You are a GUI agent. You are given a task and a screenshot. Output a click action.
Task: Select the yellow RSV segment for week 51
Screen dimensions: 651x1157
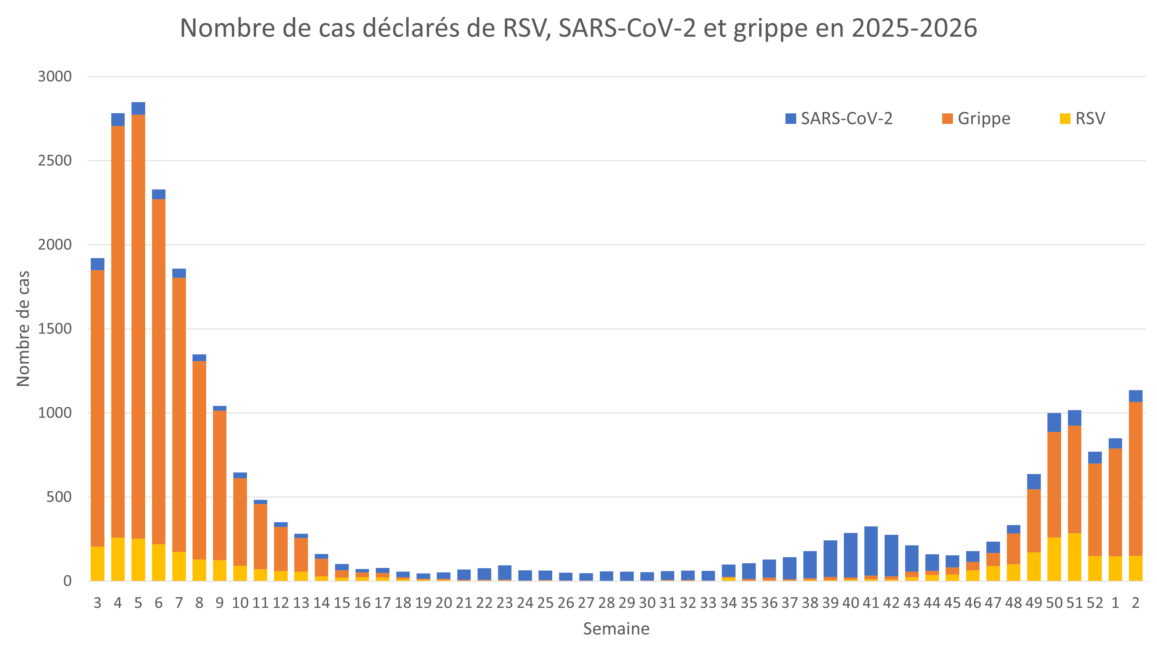[x=1074, y=557]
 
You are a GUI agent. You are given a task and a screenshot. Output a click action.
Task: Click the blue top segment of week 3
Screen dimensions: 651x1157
[x=98, y=264]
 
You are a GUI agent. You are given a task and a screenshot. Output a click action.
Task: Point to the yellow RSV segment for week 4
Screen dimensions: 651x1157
[x=118, y=559]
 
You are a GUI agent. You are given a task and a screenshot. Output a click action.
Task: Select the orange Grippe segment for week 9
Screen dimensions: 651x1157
[x=220, y=485]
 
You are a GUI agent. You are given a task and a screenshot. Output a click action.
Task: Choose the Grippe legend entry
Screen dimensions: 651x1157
[x=976, y=119]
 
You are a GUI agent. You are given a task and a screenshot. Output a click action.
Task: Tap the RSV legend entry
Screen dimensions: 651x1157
[x=1082, y=119]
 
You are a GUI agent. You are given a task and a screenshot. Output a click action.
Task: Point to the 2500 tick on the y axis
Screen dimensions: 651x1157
[x=55, y=161]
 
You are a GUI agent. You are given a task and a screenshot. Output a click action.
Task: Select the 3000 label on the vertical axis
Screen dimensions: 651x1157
[x=55, y=77]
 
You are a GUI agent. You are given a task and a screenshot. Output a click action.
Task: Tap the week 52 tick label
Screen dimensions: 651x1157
[x=1095, y=603]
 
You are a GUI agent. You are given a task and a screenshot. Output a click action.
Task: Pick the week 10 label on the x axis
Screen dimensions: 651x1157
[x=240, y=603]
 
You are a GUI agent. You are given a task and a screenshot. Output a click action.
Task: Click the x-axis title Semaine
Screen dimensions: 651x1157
[x=616, y=629]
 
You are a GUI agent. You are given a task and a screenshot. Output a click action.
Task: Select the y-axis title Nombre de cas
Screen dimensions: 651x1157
[x=23, y=329]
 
